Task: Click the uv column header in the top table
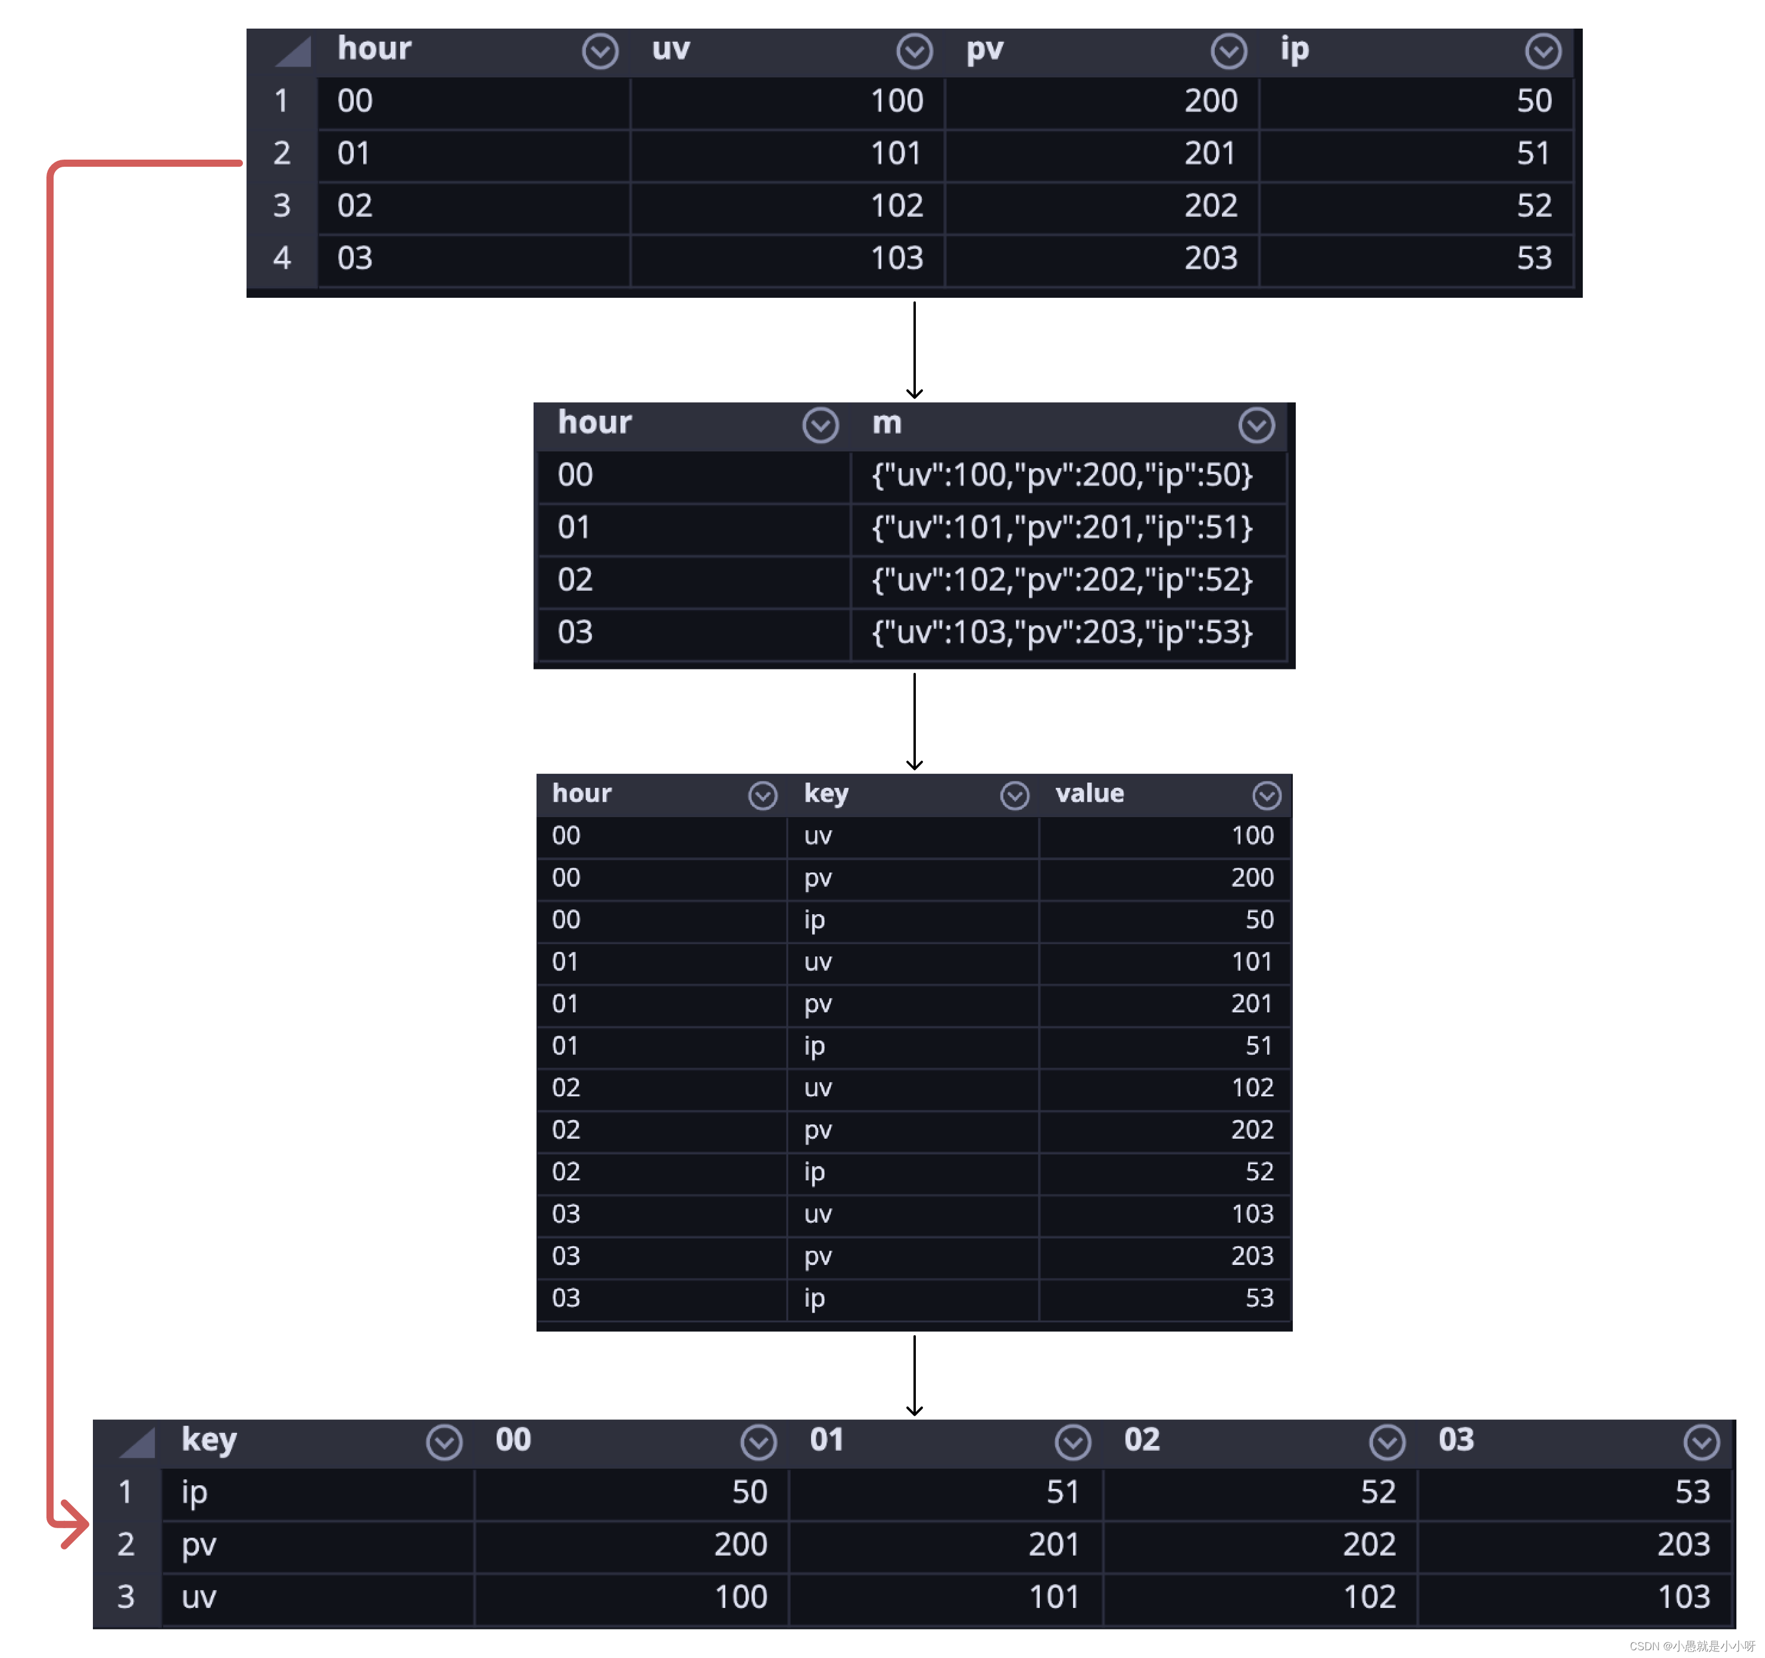[671, 50]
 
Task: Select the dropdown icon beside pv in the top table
[1228, 51]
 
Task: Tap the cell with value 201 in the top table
[1209, 154]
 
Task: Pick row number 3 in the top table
[282, 206]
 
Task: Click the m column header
[887, 423]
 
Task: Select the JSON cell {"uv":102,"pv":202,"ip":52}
[1062, 580]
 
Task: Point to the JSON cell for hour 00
[1062, 475]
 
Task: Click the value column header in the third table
[1089, 793]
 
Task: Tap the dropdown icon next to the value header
[1266, 796]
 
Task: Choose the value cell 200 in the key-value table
[1252, 877]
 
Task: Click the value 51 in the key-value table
[1258, 1045]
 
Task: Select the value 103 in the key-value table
[1252, 1213]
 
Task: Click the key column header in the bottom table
[210, 1439]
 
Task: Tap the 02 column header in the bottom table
[1142, 1439]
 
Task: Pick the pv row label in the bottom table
[199, 1544]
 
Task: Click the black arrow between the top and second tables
[915, 350]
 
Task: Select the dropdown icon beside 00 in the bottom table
[758, 1442]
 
